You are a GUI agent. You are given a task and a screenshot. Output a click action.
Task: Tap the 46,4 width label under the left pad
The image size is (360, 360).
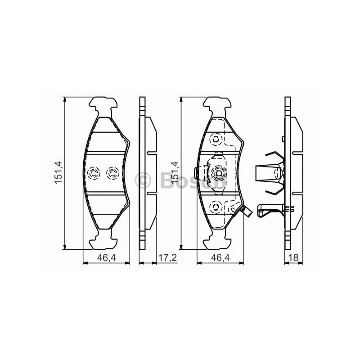(x=107, y=258)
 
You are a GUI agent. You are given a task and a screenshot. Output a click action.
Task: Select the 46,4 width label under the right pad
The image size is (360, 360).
(x=220, y=258)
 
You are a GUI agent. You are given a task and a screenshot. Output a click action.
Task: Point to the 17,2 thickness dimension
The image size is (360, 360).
(x=167, y=258)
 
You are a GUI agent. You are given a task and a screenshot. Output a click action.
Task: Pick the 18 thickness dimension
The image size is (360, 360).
(x=293, y=258)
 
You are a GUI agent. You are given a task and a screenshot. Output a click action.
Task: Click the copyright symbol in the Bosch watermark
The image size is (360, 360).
(x=143, y=180)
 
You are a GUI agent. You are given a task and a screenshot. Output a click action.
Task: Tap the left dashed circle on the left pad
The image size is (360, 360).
(x=94, y=173)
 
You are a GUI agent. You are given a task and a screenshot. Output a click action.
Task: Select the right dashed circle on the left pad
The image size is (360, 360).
(x=112, y=173)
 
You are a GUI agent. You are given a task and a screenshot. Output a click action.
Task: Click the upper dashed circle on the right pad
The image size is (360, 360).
(x=216, y=139)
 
